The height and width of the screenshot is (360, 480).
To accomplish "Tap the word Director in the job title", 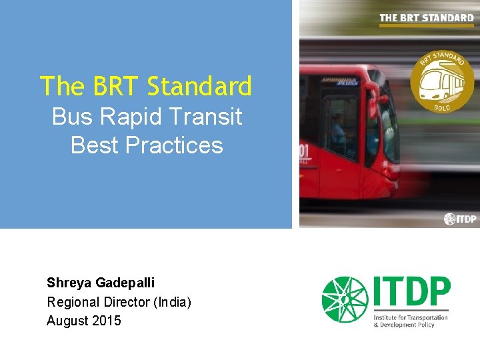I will click(125, 302).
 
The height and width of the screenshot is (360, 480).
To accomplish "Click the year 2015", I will click(107, 321).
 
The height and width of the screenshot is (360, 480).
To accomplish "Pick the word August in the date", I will click(67, 321).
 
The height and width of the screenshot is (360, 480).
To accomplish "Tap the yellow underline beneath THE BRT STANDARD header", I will click(427, 25).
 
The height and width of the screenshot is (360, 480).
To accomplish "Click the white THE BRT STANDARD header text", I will click(427, 17).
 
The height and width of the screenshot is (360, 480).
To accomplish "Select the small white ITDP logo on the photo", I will click(460, 219).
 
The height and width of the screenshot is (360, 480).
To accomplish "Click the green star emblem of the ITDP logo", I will click(344, 299).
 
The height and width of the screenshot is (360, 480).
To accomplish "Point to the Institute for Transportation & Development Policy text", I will click(411, 321).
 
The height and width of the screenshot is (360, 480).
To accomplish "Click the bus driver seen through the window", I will click(341, 130).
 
